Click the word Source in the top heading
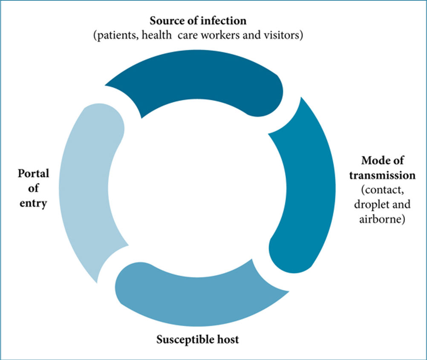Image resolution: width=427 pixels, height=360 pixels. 166,21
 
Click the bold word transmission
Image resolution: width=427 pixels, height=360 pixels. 382,175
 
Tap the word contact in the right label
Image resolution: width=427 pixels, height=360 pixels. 382,190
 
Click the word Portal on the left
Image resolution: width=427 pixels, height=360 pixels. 34,173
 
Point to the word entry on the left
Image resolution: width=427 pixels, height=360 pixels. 33,203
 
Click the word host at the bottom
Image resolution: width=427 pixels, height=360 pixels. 228,339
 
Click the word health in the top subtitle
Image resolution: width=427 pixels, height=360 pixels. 156,35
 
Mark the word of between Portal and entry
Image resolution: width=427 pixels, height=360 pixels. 33,188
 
